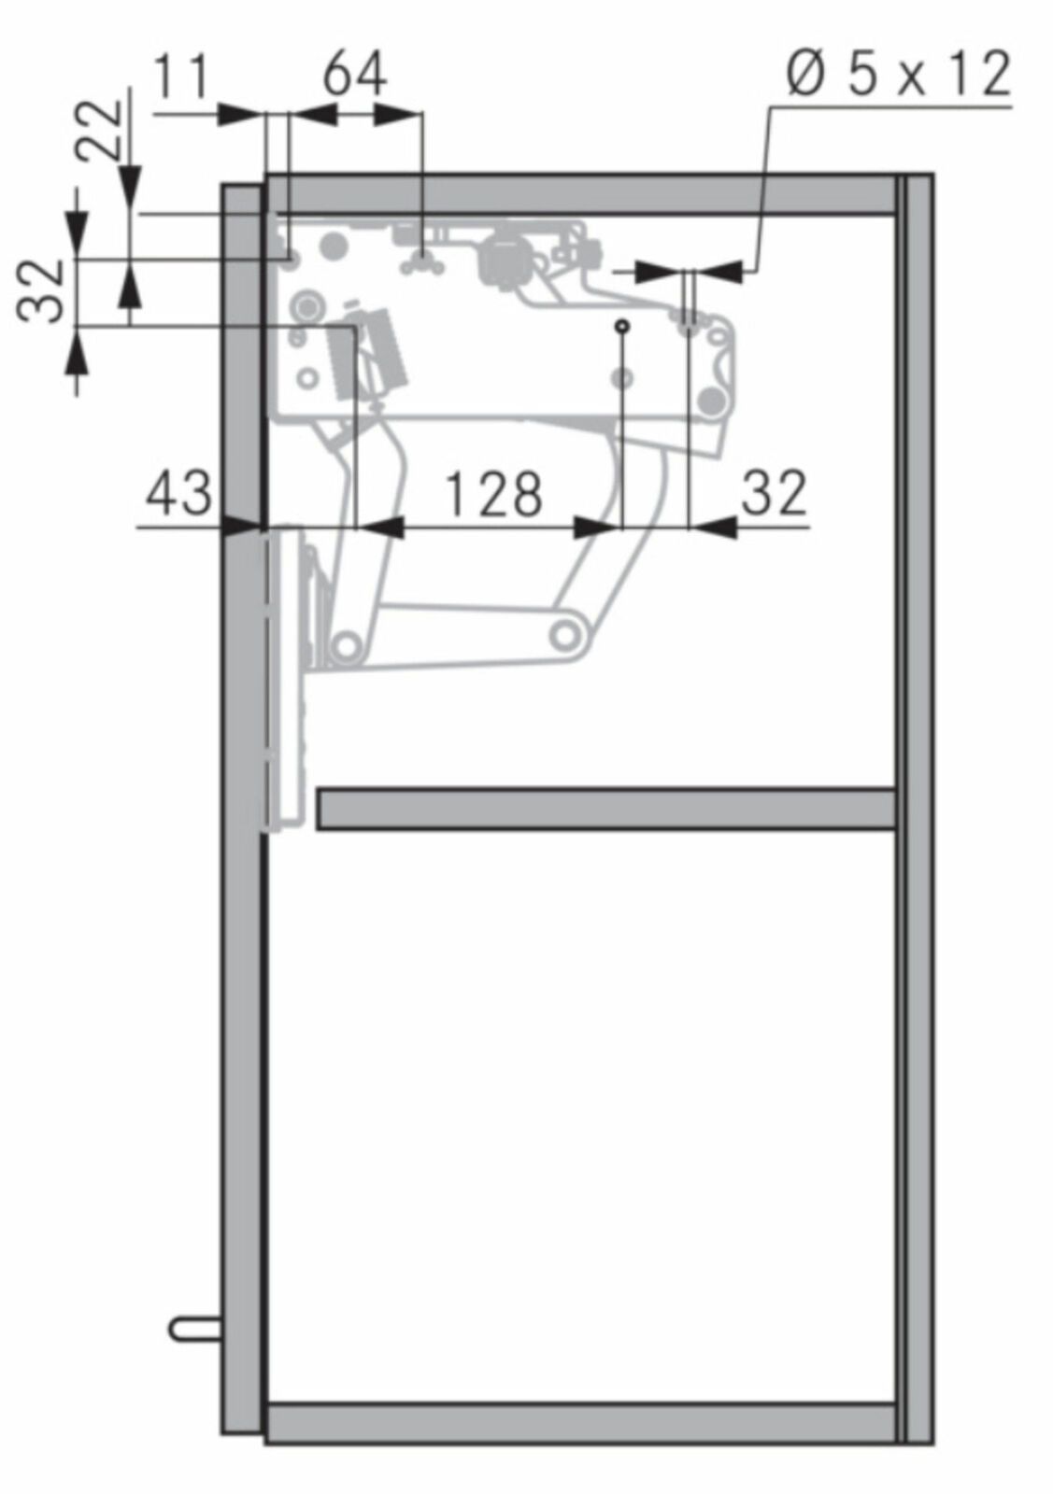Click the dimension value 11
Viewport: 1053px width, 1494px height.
[x=181, y=78]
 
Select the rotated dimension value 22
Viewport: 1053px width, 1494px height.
[x=100, y=131]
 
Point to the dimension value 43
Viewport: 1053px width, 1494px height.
[x=178, y=494]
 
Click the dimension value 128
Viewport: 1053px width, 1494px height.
[x=493, y=494]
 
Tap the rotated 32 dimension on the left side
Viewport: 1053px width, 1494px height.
[x=40, y=290]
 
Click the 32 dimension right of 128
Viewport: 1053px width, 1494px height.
[x=774, y=493]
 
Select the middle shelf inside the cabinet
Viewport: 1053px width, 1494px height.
[x=606, y=809]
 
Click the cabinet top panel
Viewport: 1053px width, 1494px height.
[x=580, y=193]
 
